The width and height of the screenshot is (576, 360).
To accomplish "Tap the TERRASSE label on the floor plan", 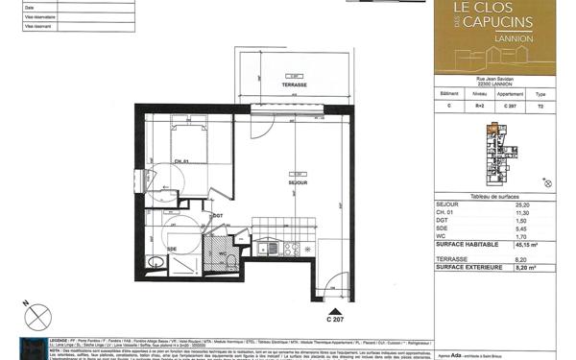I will pyautogui.click(x=294, y=85).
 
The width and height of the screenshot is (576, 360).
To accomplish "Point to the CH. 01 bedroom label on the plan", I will pyautogui.click(x=180, y=160).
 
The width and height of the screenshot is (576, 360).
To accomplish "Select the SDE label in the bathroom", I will pyautogui.click(x=172, y=248).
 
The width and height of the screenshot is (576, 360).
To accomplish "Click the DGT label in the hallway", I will pyautogui.click(x=218, y=216).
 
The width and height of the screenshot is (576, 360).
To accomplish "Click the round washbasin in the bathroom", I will pyautogui.click(x=154, y=261).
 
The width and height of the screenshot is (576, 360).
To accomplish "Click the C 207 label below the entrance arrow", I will pyautogui.click(x=334, y=320).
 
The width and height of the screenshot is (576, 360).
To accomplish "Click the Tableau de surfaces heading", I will pyautogui.click(x=493, y=195).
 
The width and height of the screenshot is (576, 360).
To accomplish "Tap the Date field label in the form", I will pyautogui.click(x=29, y=8).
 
